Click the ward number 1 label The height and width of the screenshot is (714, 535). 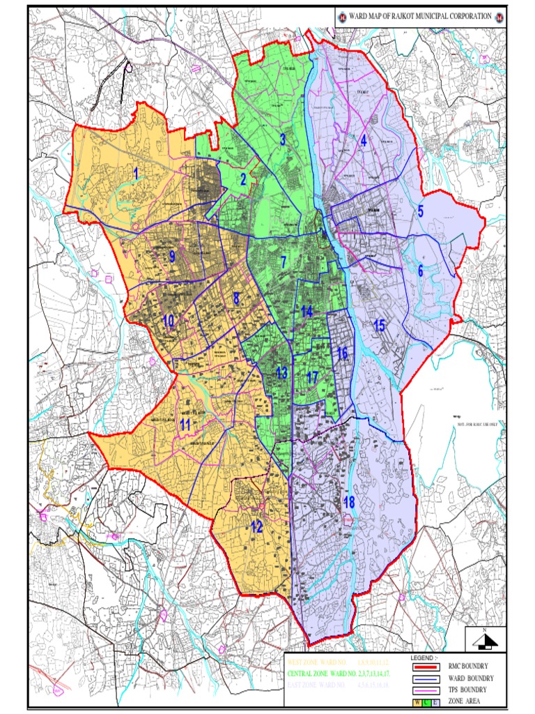click(137, 172)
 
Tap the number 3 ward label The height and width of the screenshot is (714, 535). click(283, 139)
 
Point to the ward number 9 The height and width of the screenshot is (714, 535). click(171, 257)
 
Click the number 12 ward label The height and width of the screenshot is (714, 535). click(256, 526)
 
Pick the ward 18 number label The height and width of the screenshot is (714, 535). click(349, 503)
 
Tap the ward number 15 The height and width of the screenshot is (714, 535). click(379, 325)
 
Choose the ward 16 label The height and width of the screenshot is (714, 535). click(342, 354)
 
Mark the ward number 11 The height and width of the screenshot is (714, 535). click(185, 424)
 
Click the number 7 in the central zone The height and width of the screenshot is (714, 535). click(284, 263)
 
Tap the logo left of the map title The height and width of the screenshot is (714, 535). click(342, 16)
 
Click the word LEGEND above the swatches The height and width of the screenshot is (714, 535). click(425, 657)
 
